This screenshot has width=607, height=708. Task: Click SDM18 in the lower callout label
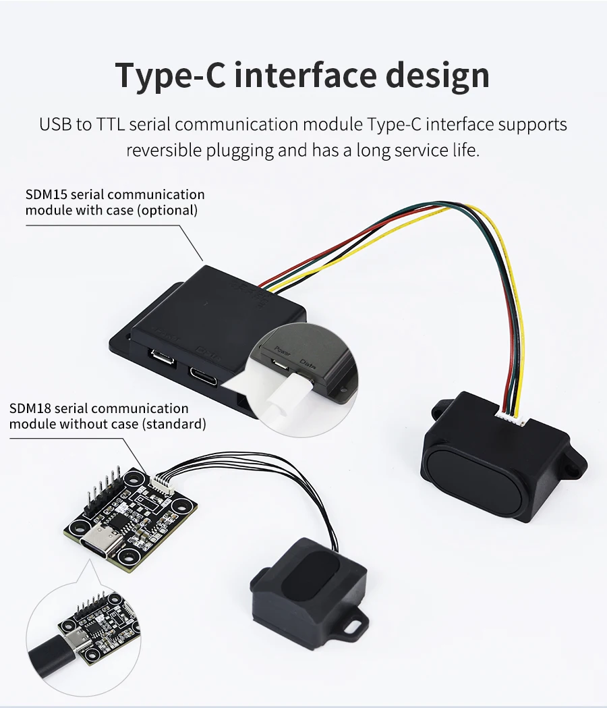pyautogui.click(x=30, y=408)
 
